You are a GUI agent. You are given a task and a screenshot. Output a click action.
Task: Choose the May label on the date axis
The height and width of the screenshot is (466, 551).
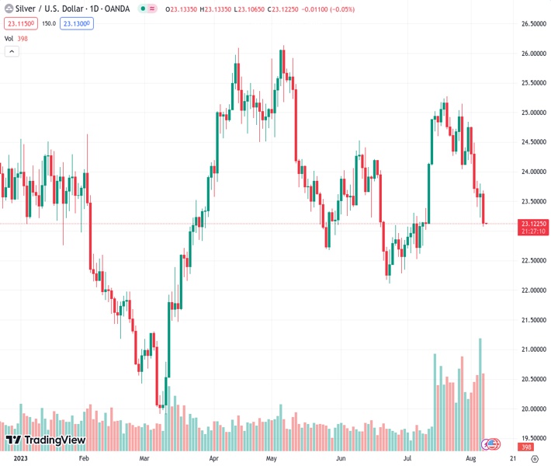pyautogui.click(x=272, y=459)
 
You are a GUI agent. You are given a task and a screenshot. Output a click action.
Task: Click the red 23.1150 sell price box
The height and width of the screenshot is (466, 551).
pyautogui.click(x=21, y=24)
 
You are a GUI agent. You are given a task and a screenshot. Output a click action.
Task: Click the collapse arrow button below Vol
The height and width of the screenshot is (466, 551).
pyautogui.click(x=12, y=51)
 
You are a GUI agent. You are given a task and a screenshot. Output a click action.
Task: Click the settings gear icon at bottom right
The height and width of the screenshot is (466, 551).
pyautogui.click(x=535, y=459)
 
